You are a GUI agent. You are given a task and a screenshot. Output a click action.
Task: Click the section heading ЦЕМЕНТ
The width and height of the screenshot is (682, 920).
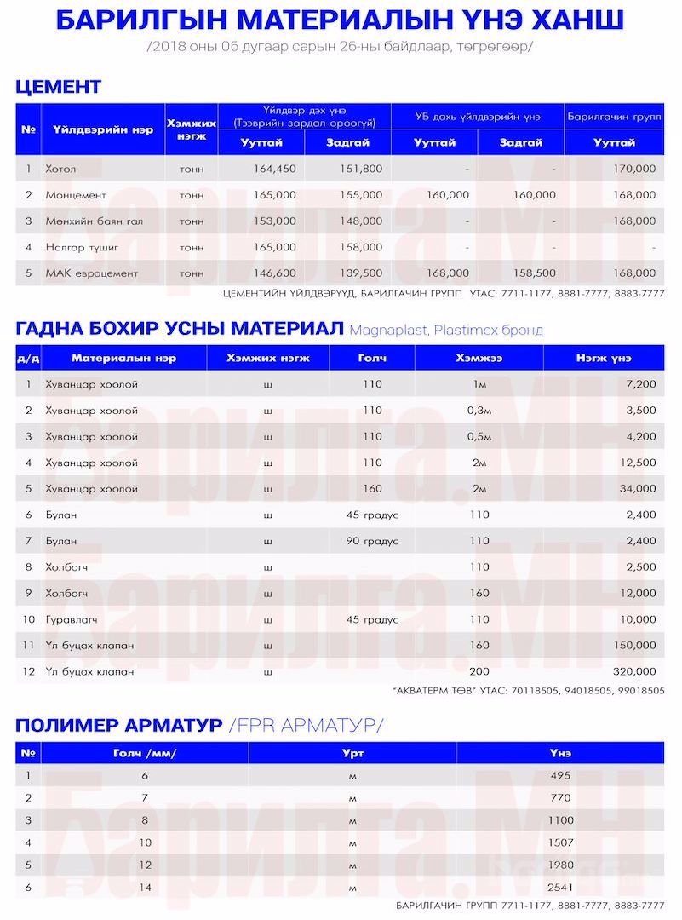58,87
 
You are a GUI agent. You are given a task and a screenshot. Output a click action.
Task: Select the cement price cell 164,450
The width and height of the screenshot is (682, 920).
274,169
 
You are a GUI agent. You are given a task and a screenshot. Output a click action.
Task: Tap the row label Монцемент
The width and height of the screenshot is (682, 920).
76,195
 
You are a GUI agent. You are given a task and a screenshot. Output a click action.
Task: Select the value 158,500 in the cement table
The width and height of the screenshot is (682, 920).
534,273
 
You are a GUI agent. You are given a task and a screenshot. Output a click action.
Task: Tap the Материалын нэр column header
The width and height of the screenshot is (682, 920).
123,358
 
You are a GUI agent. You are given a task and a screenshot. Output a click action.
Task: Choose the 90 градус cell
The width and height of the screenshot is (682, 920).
372,541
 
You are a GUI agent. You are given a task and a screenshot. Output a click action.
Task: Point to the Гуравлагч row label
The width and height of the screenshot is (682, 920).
72,619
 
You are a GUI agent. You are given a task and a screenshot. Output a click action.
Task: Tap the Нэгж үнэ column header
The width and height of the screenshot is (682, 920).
603,358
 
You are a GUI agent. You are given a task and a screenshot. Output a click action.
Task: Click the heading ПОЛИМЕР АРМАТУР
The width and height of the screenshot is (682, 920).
119,725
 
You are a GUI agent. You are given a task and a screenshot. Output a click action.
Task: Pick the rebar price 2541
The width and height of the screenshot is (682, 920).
560,888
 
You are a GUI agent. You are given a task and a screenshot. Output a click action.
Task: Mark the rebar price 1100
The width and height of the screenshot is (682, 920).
560,820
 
